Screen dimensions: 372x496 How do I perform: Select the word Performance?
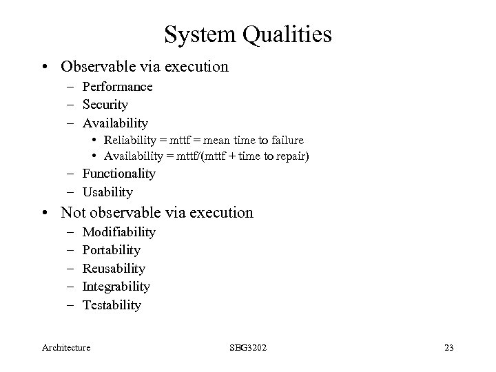pyautogui.click(x=117, y=87)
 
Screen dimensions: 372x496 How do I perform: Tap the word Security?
pyautogui.click(x=105, y=105)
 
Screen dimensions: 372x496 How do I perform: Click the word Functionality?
pyautogui.click(x=118, y=174)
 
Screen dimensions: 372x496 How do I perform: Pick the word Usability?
pyautogui.click(x=107, y=192)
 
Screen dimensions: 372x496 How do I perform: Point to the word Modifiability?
pyautogui.click(x=118, y=232)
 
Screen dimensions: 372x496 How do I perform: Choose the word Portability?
pyautogui.click(x=111, y=250)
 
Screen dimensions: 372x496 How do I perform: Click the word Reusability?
pyautogui.click(x=114, y=268)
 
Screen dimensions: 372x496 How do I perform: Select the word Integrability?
pyautogui.click(x=116, y=286)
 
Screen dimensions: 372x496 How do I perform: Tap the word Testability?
pyautogui.click(x=112, y=304)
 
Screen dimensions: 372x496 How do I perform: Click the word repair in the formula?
pyautogui.click(x=292, y=156)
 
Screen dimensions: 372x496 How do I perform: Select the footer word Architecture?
pyautogui.click(x=65, y=348)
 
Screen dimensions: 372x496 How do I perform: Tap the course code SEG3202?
pyautogui.click(x=249, y=348)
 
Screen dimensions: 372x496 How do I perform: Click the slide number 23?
pyautogui.click(x=448, y=348)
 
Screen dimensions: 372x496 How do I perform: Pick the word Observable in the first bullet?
pyautogui.click(x=93, y=67)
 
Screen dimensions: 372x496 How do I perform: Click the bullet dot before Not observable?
pyautogui.click(x=51, y=214)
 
